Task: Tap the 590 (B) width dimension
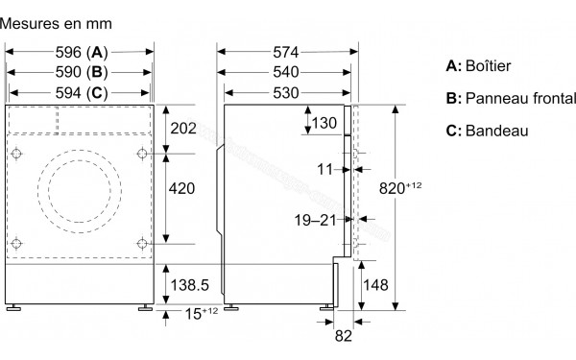click(x=81, y=72)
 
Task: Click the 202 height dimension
click(x=182, y=129)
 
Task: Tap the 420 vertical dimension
click(x=182, y=190)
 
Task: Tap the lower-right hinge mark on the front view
click(x=142, y=241)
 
